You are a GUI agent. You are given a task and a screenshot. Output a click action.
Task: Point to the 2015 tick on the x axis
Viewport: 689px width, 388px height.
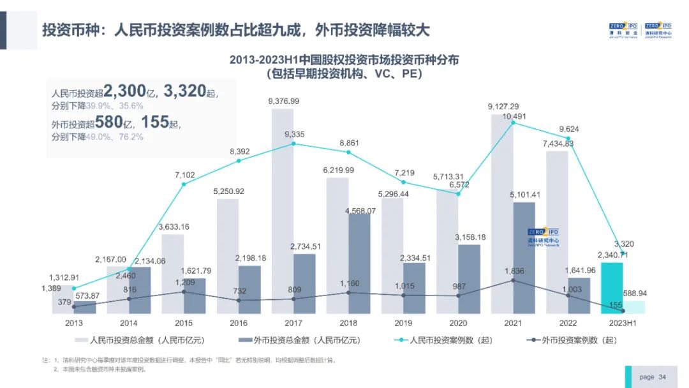(184, 324)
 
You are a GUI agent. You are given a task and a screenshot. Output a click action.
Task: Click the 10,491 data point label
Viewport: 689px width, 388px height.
(515, 116)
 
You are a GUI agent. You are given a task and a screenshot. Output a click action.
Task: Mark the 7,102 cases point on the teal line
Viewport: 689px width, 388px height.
(184, 184)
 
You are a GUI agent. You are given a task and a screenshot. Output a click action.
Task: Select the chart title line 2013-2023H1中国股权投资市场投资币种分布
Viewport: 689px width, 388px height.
(344, 59)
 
